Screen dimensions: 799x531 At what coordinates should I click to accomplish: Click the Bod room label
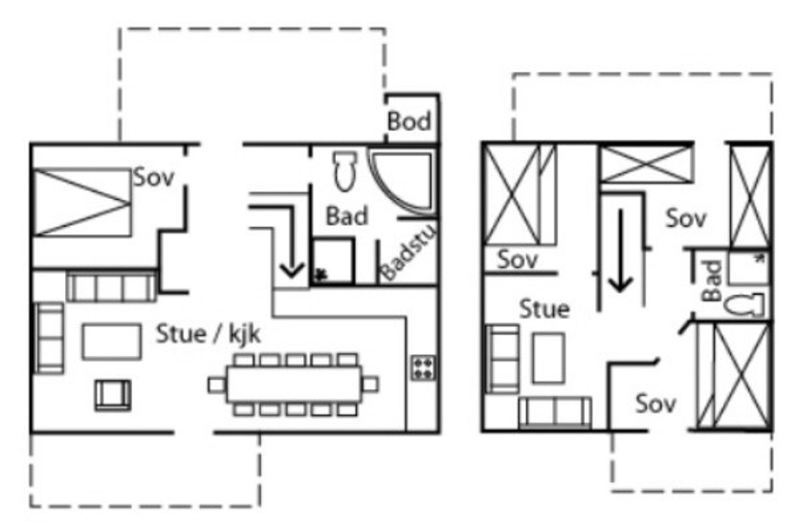[409, 122]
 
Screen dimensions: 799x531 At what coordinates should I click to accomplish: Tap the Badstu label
[410, 252]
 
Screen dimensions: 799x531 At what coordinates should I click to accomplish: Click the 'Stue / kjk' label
[208, 334]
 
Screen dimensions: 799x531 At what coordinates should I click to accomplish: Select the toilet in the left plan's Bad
[344, 170]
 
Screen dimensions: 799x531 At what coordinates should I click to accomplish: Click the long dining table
[294, 385]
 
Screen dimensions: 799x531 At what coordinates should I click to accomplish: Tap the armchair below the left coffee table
[113, 395]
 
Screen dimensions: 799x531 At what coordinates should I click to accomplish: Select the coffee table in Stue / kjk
[112, 342]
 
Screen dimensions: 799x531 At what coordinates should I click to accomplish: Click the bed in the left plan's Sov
[82, 202]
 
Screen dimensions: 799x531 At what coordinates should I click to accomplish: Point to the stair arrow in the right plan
[621, 251]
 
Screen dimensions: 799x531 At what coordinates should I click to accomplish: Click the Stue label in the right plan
[544, 309]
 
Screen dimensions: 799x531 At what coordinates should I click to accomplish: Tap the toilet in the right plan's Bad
[744, 305]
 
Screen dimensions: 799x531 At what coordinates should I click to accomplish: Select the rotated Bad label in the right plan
[712, 280]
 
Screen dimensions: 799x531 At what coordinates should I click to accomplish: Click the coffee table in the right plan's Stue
[548, 358]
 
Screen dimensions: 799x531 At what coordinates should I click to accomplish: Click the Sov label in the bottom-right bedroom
[655, 404]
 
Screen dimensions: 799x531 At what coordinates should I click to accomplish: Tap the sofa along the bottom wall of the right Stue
[555, 412]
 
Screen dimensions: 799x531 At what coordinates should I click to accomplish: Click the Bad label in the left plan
[346, 216]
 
